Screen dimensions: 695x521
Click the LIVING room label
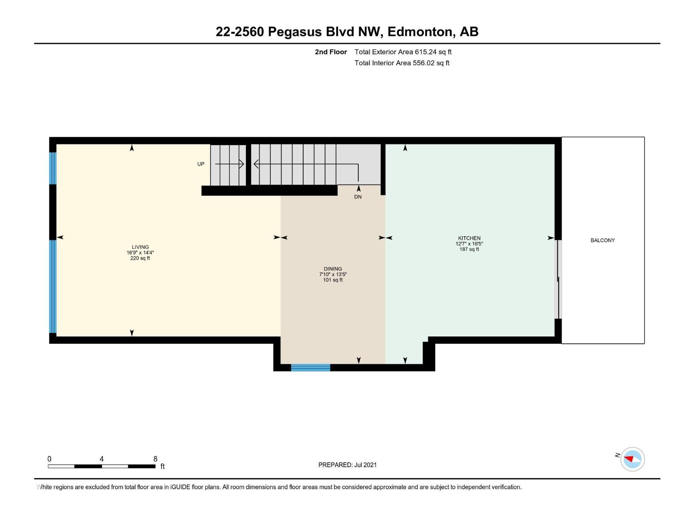click(x=140, y=247)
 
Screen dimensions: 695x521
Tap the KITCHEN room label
click(x=469, y=238)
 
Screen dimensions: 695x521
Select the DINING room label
click(x=333, y=269)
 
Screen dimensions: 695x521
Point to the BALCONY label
click(x=602, y=241)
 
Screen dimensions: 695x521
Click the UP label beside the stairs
click(x=201, y=164)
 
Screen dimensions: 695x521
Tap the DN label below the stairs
click(x=358, y=197)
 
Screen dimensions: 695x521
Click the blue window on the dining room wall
click(x=311, y=368)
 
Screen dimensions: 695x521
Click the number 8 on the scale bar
click(x=155, y=459)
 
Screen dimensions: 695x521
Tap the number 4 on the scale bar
click(x=102, y=459)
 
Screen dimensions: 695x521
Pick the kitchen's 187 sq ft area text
click(x=469, y=249)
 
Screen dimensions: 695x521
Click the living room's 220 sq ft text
click(x=140, y=258)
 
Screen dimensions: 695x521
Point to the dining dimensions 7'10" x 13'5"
click(x=333, y=274)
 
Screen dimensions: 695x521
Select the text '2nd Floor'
click(x=331, y=52)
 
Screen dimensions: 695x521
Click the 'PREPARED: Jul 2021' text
click(x=347, y=465)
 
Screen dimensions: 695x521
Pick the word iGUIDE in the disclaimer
click(x=180, y=487)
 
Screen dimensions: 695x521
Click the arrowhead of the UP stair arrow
click(x=242, y=164)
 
